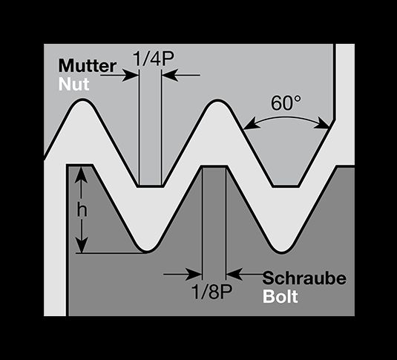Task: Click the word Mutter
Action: point(88,66)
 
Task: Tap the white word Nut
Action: point(74,85)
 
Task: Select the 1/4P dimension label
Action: point(154,59)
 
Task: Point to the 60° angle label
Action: point(286,103)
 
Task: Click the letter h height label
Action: point(82,211)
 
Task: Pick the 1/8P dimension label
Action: point(211,292)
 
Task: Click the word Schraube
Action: point(304,278)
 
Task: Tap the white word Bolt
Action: point(280,296)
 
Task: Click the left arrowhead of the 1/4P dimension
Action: point(130,75)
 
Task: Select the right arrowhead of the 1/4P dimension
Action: point(170,75)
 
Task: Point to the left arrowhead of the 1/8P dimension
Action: point(194,275)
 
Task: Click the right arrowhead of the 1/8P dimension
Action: point(234,275)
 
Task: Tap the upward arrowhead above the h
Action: point(82,174)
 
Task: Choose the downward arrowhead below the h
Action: point(82,244)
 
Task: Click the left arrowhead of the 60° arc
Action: point(251,125)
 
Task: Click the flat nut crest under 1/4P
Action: point(151,186)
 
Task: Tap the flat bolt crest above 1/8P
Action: point(214,167)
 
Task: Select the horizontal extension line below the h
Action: point(110,253)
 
